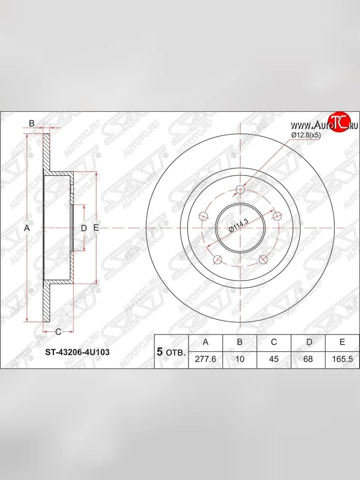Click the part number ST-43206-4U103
77,352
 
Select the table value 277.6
205,359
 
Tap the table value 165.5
342,359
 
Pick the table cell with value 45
274,359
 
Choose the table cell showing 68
308,359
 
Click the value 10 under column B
240,359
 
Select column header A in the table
206,342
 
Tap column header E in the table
342,342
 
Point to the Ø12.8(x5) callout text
306,135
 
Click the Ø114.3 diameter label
239,226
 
